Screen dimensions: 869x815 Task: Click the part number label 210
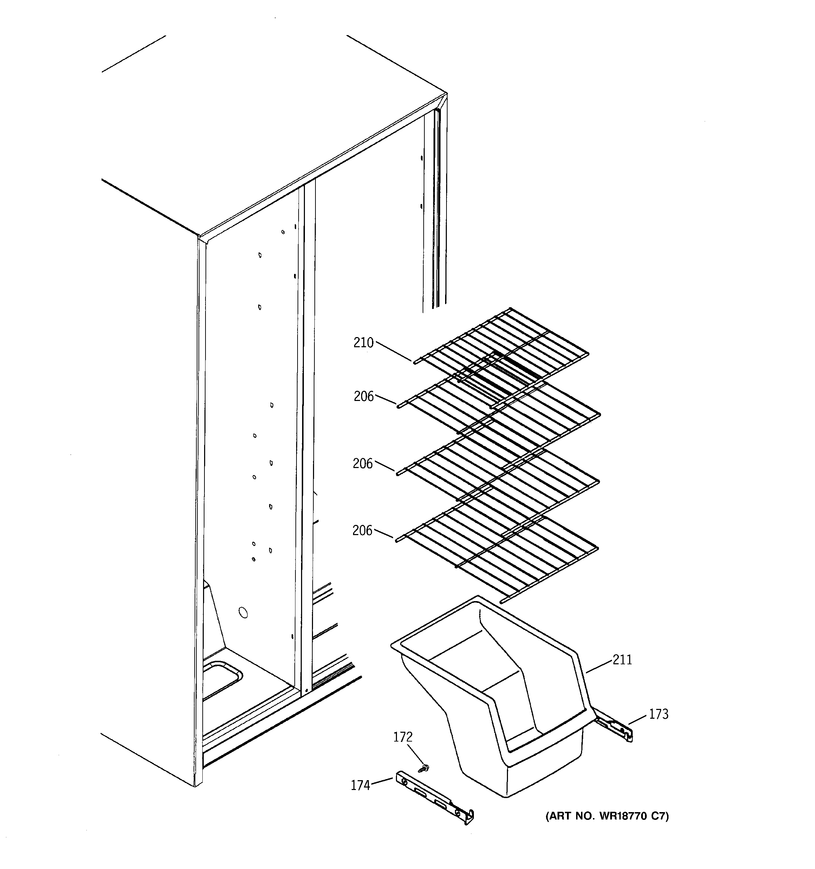pos(363,343)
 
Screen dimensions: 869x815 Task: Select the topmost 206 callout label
pos(364,396)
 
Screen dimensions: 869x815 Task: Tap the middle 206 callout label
pos(363,463)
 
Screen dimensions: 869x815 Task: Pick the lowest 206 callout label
pos(362,530)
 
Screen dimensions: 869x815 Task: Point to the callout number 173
pos(658,714)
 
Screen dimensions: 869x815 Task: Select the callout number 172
pos(403,737)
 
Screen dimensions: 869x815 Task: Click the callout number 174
pos(360,785)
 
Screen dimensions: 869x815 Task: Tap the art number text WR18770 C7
pos(607,816)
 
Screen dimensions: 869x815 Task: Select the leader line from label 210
pos(394,351)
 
